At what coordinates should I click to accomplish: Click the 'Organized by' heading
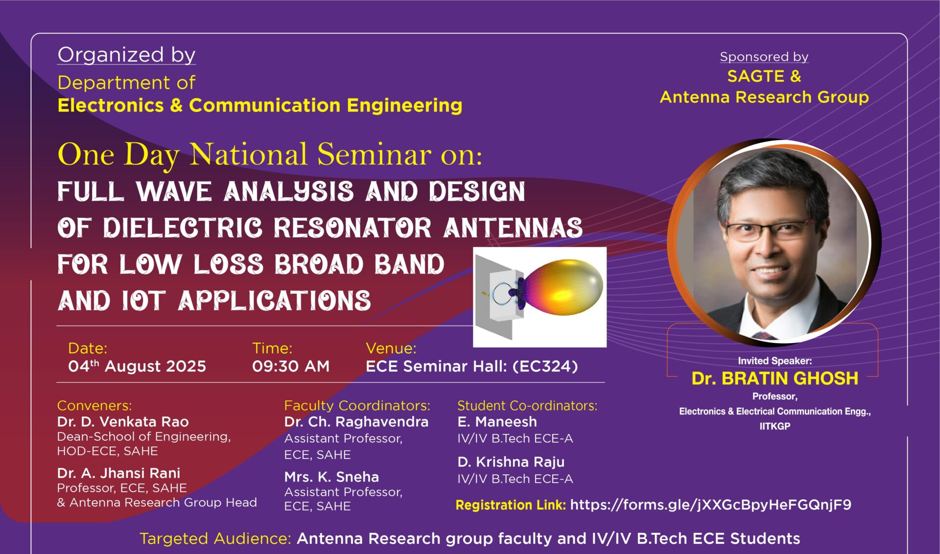pos(126,55)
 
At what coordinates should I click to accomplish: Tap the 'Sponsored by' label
pos(764,57)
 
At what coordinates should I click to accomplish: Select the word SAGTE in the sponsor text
pos(755,76)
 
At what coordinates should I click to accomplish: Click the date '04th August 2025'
pos(137,366)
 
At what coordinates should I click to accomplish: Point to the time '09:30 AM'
pos(291,366)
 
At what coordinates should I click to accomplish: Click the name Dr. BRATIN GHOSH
pos(775,378)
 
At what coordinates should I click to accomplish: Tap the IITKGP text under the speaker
pos(775,426)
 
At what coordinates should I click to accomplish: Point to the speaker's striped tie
pos(764,335)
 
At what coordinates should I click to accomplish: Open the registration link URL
pos(710,505)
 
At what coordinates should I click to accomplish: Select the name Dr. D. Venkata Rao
pos(123,421)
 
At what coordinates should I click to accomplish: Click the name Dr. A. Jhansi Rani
pos(118,473)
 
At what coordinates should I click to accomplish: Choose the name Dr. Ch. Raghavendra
pos(356,422)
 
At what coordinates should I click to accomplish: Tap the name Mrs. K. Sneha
pos(331,477)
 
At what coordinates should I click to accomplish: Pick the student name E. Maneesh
pos(497,421)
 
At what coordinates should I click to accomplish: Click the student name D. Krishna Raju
pos(511,462)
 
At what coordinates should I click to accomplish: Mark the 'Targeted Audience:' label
pos(215,538)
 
